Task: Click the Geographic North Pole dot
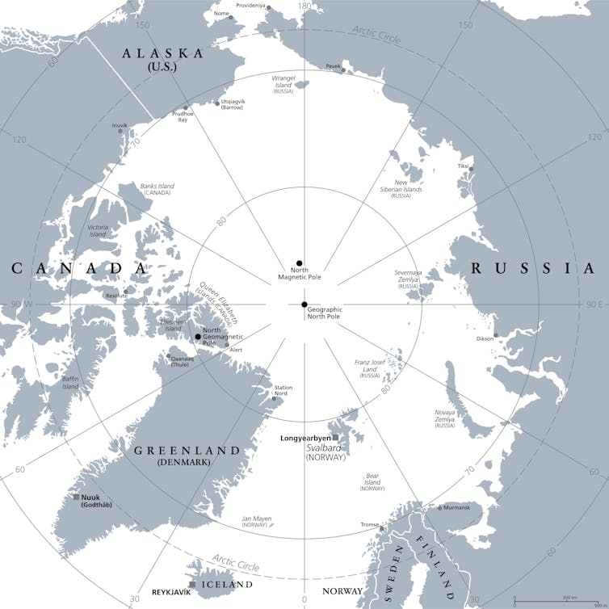click(x=304, y=304)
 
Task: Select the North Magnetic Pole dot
click(x=299, y=263)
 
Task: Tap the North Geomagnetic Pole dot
click(x=198, y=337)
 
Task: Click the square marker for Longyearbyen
click(x=336, y=438)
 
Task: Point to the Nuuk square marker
click(x=76, y=497)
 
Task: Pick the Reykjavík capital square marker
click(x=192, y=584)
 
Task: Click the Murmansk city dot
click(x=439, y=508)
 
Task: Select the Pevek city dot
click(x=343, y=70)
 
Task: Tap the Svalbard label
click(x=325, y=447)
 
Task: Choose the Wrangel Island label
click(x=283, y=81)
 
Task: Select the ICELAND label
click(x=228, y=584)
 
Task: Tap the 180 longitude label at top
click(x=304, y=6)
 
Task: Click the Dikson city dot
click(x=495, y=334)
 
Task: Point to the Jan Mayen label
click(x=257, y=519)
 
